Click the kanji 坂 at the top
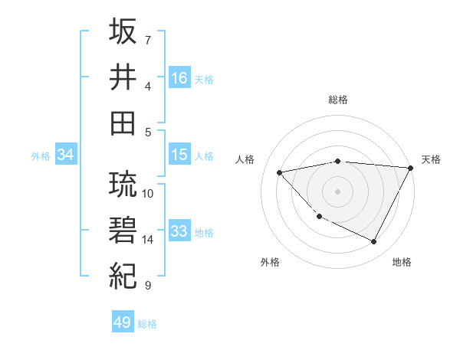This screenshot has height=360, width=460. tap(123, 32)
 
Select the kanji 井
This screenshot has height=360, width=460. tap(123, 77)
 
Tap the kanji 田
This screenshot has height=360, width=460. tap(123, 123)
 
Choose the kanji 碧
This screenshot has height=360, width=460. tap(123, 231)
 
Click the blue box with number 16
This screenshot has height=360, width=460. tap(179, 78)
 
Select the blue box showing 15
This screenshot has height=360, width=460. tap(179, 155)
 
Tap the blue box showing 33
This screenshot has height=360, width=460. tap(179, 231)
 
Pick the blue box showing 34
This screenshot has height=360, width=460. tap(66, 155)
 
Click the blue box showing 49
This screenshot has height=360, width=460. tap(123, 322)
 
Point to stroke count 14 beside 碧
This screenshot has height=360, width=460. tap(148, 240)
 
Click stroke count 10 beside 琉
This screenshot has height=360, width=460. tap(148, 193)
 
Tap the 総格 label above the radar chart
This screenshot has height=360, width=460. tap(338, 100)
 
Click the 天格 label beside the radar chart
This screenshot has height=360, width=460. tap(432, 159)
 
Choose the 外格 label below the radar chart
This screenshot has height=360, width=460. tap(270, 262)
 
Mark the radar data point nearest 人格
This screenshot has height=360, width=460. tap(280, 172)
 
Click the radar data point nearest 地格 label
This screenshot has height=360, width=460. tap(374, 242)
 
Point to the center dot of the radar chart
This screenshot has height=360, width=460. tap(338, 191)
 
